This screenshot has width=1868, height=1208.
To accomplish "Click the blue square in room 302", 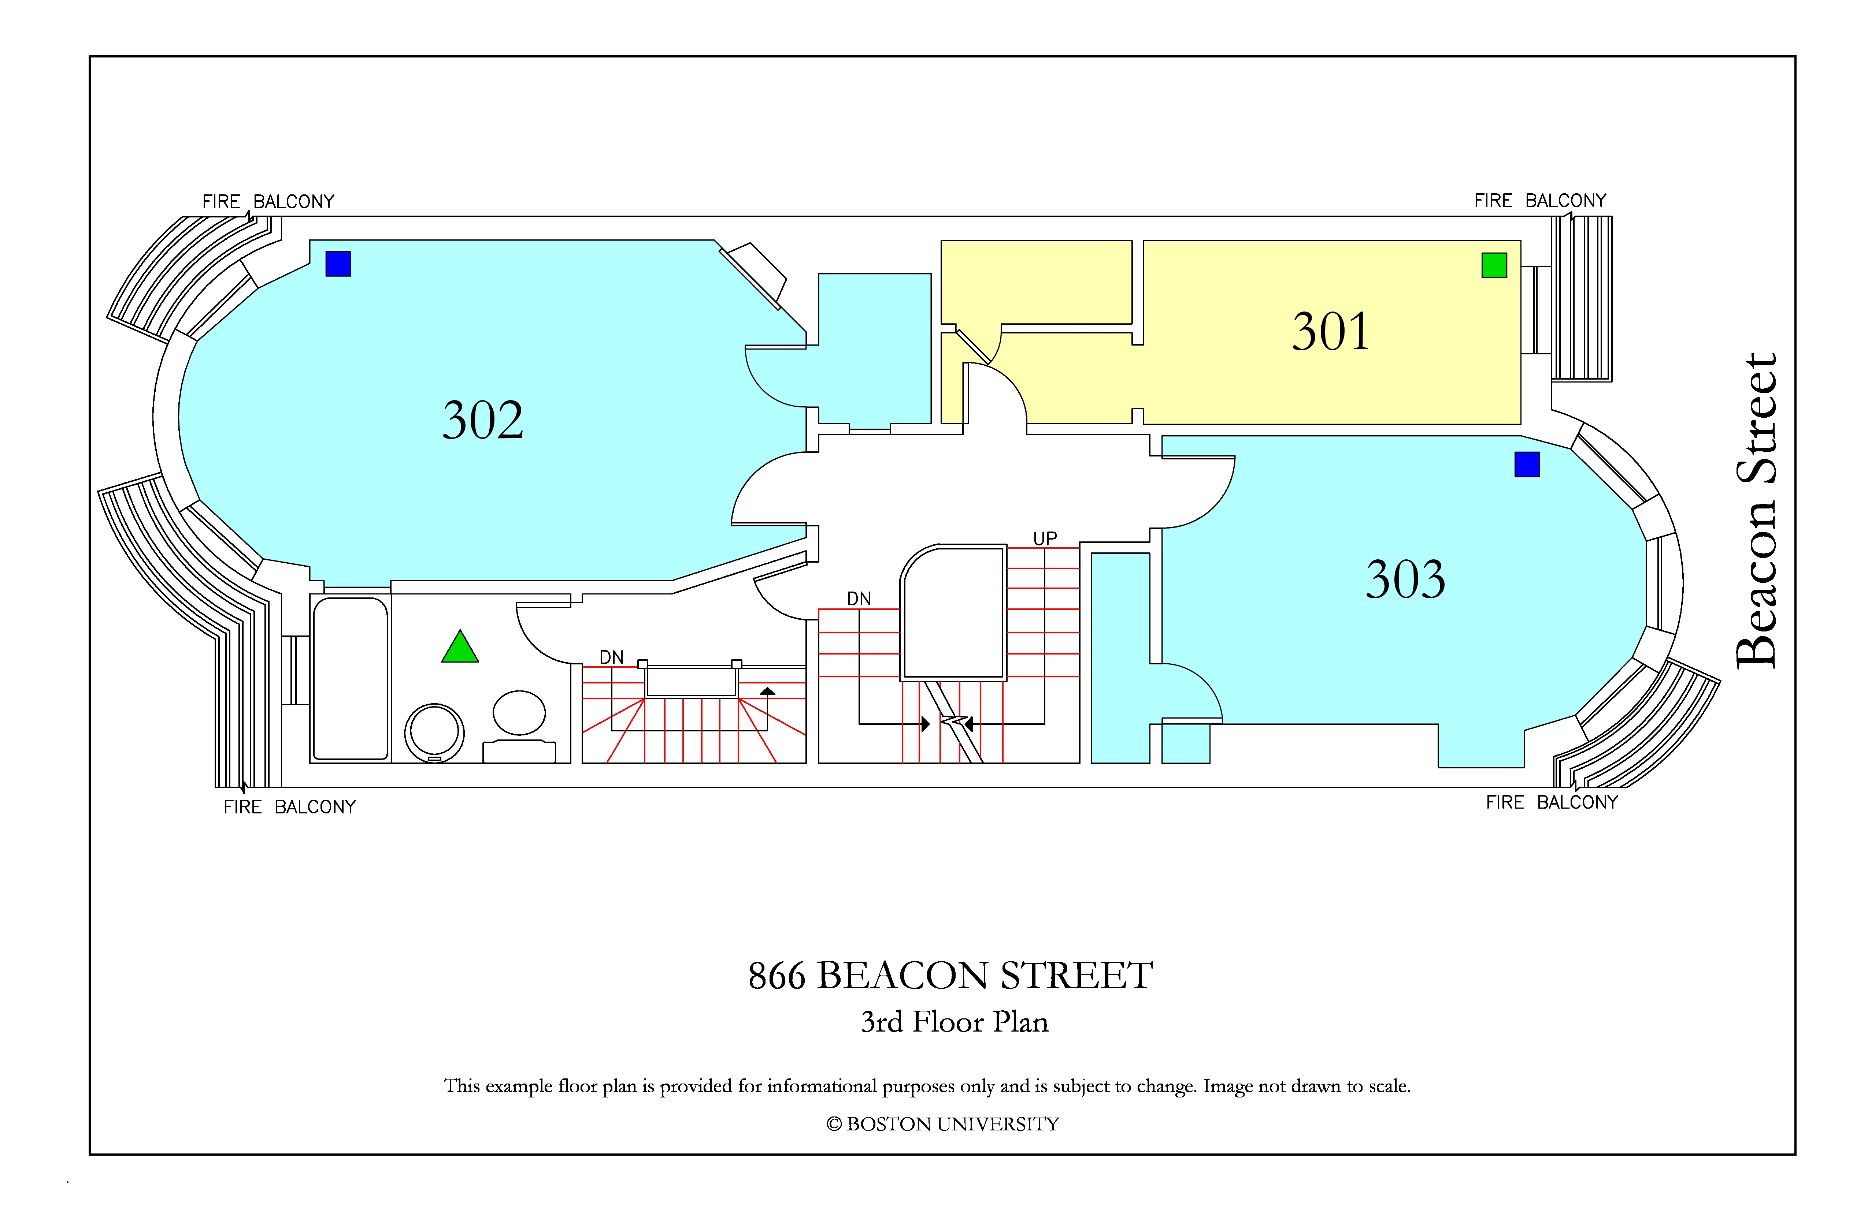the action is pyautogui.click(x=338, y=264).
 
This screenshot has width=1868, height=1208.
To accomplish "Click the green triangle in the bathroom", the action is pyautogui.click(x=460, y=647).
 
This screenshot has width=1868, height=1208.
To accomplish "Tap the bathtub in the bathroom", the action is pyautogui.click(x=351, y=679).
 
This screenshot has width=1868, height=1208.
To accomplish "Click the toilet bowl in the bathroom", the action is pyautogui.click(x=519, y=712).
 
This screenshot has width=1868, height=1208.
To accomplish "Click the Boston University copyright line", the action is pyautogui.click(x=943, y=1124).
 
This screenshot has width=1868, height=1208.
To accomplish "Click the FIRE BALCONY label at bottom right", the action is pyautogui.click(x=1552, y=802).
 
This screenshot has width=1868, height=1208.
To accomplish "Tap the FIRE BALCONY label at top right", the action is pyautogui.click(x=1540, y=201).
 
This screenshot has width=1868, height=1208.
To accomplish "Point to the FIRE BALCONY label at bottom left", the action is pyautogui.click(x=290, y=807).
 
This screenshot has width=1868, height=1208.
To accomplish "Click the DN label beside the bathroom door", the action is pyautogui.click(x=611, y=657).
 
